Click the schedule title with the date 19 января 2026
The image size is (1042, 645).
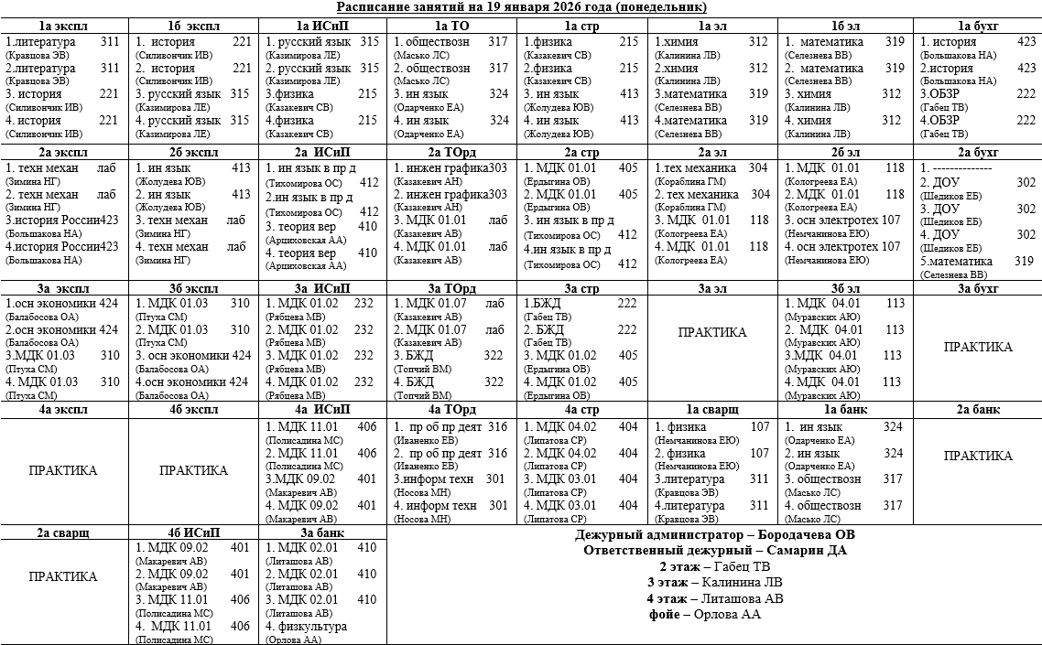pyautogui.click(x=521, y=8)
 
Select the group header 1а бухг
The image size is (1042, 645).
pyautogui.click(x=977, y=26)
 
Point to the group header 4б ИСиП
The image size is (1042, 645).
pyautogui.click(x=193, y=532)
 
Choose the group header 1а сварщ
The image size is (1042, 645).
pyautogui.click(x=714, y=410)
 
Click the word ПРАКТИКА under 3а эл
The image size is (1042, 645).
pyautogui.click(x=712, y=332)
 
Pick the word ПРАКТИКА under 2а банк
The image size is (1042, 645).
pyautogui.click(x=977, y=456)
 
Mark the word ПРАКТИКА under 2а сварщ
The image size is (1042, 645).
pyautogui.click(x=63, y=577)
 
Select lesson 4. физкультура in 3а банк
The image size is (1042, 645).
pyautogui.click(x=307, y=627)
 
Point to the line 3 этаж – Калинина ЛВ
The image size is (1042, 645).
pyautogui.click(x=714, y=583)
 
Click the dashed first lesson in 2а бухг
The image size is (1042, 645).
pyautogui.click(x=956, y=169)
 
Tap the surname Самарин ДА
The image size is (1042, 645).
pyautogui.click(x=811, y=551)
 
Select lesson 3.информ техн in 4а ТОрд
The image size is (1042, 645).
pyautogui.click(x=435, y=478)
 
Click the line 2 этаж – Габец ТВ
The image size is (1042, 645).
pyautogui.click(x=714, y=566)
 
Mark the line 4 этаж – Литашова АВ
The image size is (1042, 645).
pyautogui.click(x=714, y=598)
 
